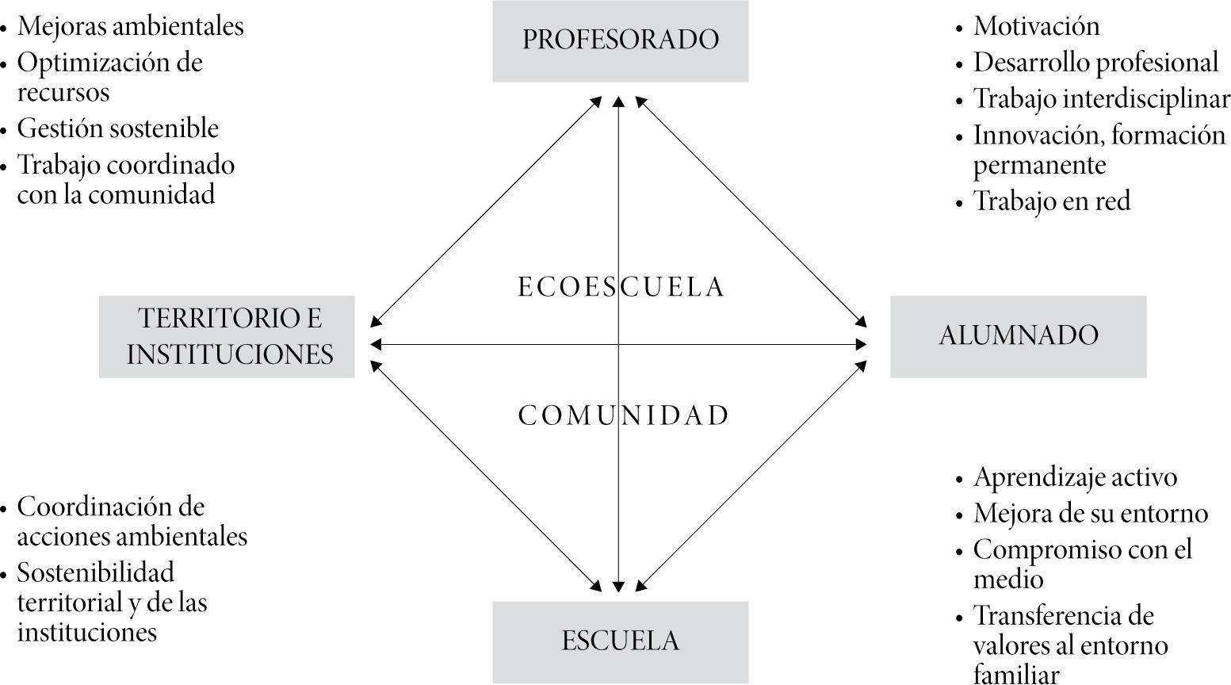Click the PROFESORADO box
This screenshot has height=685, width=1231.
click(620, 40)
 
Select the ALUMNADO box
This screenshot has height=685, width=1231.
click(1018, 336)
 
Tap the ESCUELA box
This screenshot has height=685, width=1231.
click(620, 641)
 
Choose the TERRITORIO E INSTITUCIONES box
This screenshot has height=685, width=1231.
click(227, 336)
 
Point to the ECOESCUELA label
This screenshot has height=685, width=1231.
click(621, 287)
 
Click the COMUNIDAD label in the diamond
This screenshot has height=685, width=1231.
click(623, 416)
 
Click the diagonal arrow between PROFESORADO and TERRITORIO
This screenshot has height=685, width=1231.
click(486, 210)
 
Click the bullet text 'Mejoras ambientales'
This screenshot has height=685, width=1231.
click(131, 26)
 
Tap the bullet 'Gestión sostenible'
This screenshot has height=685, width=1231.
click(118, 128)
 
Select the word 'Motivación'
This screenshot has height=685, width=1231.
click(1036, 26)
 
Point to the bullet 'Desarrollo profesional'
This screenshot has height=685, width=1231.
click(1095, 63)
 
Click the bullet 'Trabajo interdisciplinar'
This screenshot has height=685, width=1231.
click(1102, 99)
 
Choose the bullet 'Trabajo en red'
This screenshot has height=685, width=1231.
click(1052, 201)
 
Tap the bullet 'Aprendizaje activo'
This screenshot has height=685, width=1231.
click(1075, 477)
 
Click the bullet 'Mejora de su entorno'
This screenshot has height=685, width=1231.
click(1091, 514)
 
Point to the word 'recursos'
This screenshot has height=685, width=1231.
click(63, 92)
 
